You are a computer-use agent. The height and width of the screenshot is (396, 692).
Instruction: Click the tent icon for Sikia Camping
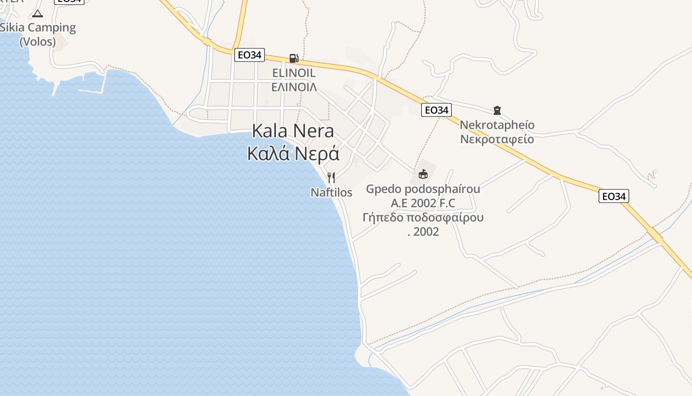pyautogui.click(x=38, y=13)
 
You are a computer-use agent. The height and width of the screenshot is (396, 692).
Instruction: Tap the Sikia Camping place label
pyautogui.click(x=38, y=28)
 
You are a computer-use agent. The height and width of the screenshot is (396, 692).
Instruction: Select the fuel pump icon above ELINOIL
pyautogui.click(x=294, y=58)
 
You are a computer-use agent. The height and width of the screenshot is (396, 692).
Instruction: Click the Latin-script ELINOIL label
pyautogui.click(x=294, y=73)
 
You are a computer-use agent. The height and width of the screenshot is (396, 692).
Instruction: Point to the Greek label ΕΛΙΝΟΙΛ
pyautogui.click(x=294, y=87)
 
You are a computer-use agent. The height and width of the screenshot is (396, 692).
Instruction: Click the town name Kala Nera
pyautogui.click(x=293, y=131)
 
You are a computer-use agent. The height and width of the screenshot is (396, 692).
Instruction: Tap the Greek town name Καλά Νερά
pyautogui.click(x=293, y=153)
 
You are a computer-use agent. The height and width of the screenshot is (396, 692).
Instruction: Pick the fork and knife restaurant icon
pyautogui.click(x=331, y=177)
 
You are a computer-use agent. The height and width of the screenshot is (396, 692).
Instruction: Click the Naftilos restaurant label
pyautogui.click(x=331, y=192)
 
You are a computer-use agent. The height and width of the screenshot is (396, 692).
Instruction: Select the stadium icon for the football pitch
pyautogui.click(x=423, y=174)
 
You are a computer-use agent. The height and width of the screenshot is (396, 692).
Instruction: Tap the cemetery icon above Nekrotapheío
pyautogui.click(x=497, y=110)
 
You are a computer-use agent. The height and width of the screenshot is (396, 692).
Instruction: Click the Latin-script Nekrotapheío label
pyautogui.click(x=497, y=125)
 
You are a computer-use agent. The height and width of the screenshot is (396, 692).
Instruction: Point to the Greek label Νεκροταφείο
pyautogui.click(x=497, y=139)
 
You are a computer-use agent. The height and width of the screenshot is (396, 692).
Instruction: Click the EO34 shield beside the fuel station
pyautogui.click(x=249, y=55)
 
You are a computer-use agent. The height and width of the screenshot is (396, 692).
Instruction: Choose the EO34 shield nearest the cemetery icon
pyautogui.click(x=436, y=110)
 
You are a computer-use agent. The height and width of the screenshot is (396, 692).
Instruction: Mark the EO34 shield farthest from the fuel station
pyautogui.click(x=613, y=197)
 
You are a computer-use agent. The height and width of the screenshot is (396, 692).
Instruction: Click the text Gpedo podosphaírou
pyautogui.click(x=423, y=189)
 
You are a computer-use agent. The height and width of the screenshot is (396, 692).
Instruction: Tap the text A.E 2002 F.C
pyautogui.click(x=423, y=203)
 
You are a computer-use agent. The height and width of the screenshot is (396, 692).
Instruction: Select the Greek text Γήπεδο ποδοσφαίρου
pyautogui.click(x=423, y=217)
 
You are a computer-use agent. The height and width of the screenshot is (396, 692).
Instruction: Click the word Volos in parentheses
pyautogui.click(x=38, y=42)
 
